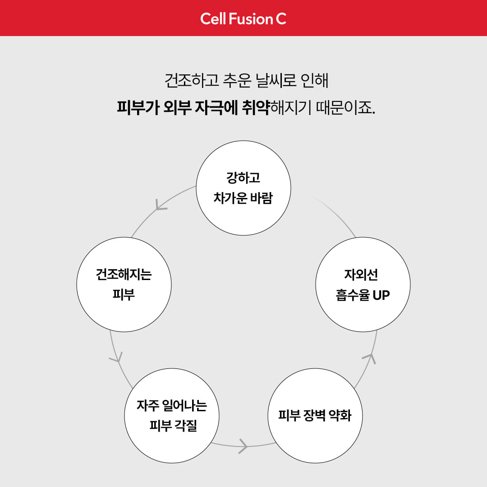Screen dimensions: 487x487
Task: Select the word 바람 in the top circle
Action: click(x=262, y=198)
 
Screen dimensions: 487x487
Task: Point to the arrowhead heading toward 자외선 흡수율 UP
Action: click(x=370, y=358)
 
